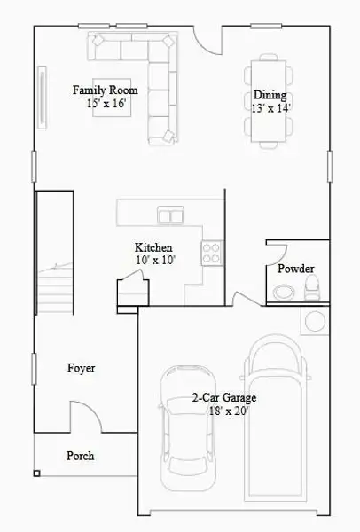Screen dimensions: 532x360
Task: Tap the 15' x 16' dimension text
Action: (106, 104)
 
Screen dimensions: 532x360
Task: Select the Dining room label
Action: (270, 96)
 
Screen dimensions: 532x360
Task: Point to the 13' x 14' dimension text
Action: (271, 107)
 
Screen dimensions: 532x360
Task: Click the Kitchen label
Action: (153, 247)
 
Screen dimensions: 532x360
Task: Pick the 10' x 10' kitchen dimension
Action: (155, 261)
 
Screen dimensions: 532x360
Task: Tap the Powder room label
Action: (295, 269)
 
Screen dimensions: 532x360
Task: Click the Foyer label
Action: (82, 368)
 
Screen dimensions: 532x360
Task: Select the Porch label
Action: (80, 456)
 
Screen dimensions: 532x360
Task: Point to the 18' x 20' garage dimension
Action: (222, 411)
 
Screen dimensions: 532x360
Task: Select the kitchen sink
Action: (170, 215)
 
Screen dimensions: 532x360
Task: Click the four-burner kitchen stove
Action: (211, 254)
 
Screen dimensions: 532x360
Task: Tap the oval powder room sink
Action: (284, 292)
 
